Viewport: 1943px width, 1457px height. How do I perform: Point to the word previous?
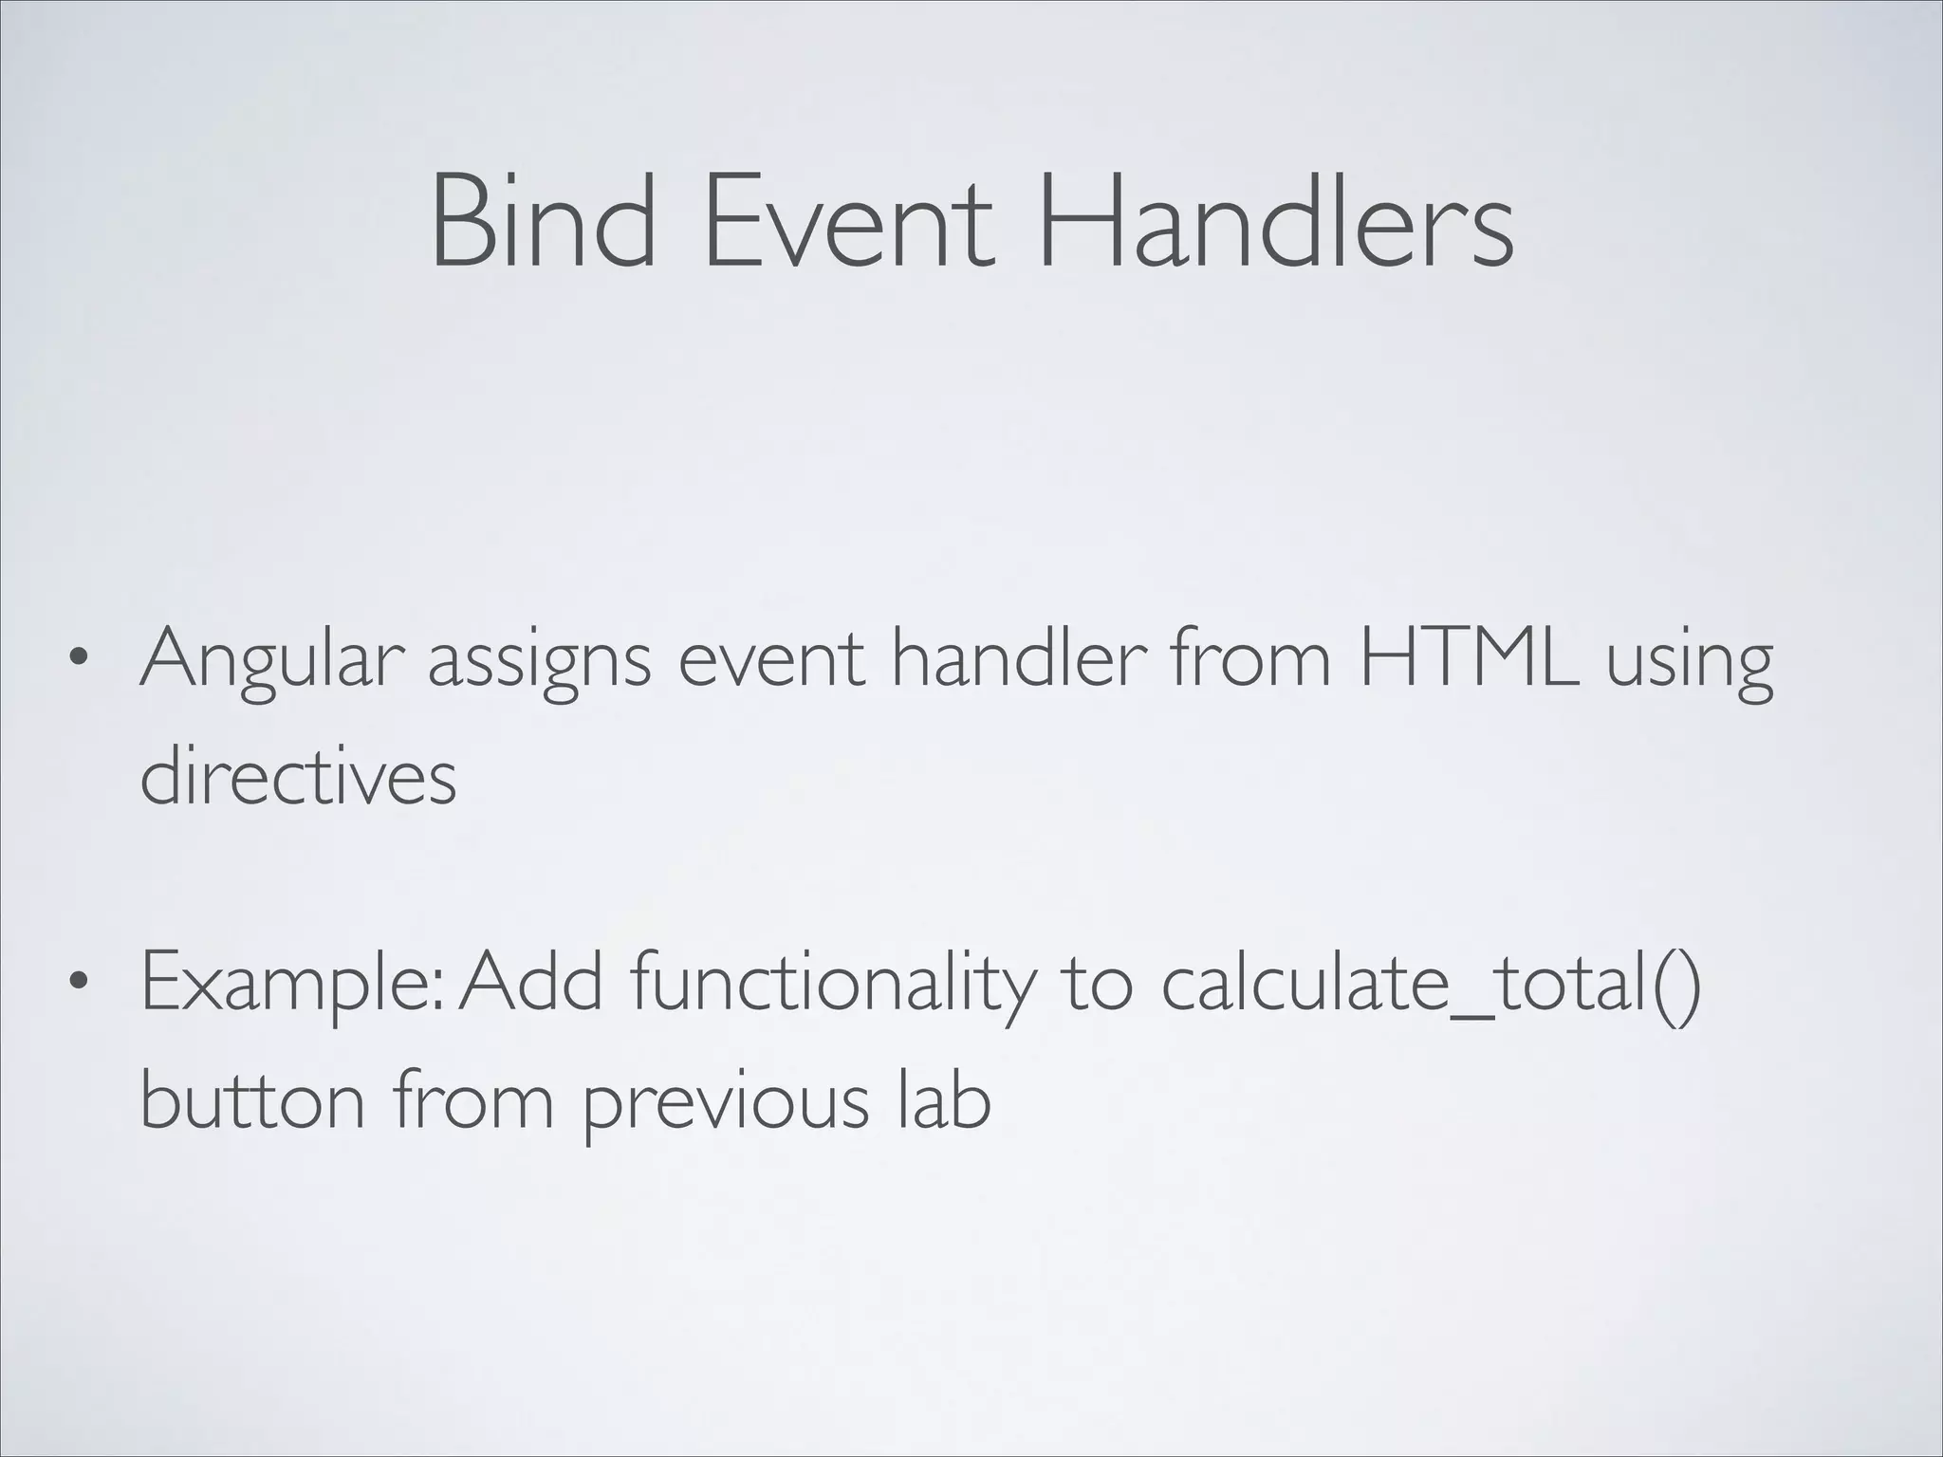pos(725,1105)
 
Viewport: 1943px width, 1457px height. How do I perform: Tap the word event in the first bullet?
pos(771,661)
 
